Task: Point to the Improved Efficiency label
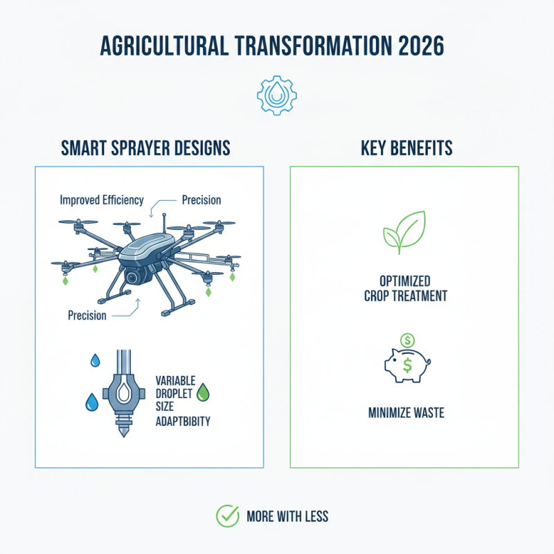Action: pos(102,200)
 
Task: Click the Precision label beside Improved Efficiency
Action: pos(202,200)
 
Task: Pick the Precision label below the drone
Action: pos(87,316)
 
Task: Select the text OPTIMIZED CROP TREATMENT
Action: pos(404,289)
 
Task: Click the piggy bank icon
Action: pos(406,364)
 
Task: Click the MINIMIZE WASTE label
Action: pos(406,413)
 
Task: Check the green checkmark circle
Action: pos(227,516)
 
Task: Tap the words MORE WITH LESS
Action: pos(287,517)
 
